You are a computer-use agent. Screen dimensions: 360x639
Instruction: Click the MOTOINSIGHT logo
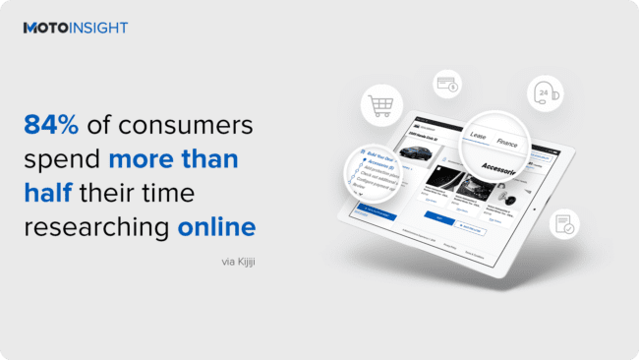pyautogui.click(x=75, y=28)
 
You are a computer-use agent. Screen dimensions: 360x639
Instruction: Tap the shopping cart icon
pyautogui.click(x=379, y=105)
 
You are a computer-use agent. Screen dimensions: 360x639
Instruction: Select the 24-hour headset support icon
pyautogui.click(x=543, y=91)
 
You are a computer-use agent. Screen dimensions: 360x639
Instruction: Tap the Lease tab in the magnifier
pyautogui.click(x=479, y=137)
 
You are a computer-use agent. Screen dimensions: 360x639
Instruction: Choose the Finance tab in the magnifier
pyautogui.click(x=506, y=143)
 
